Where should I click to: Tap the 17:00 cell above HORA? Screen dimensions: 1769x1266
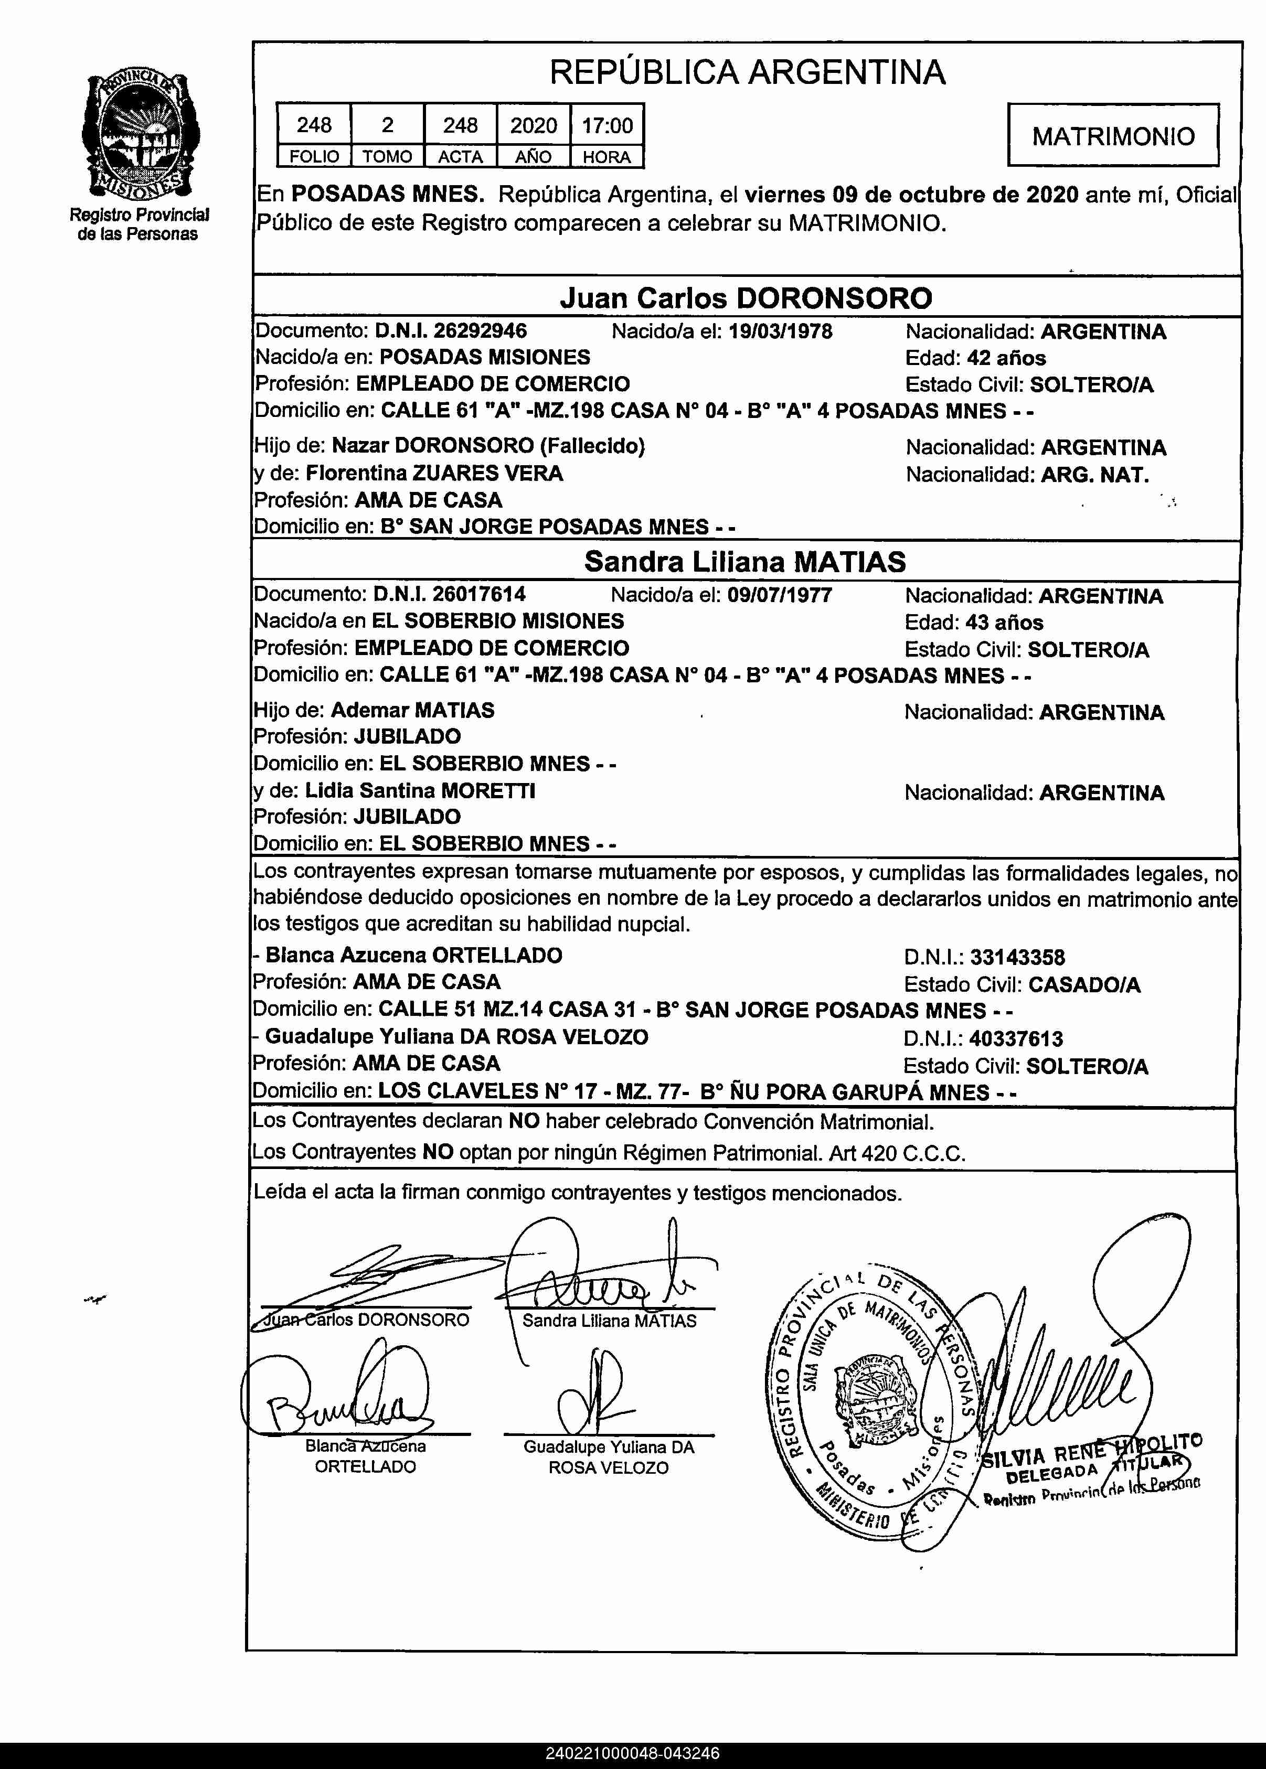tap(607, 125)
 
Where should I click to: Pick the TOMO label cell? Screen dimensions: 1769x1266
tap(387, 157)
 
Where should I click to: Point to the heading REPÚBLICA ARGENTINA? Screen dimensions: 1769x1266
tap(747, 72)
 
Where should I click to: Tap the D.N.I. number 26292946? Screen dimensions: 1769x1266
tap(480, 330)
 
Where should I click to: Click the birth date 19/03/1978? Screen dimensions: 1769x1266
tap(780, 331)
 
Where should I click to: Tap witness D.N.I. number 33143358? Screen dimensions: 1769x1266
tap(1017, 957)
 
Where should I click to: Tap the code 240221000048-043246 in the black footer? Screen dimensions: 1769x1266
tap(632, 1753)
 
